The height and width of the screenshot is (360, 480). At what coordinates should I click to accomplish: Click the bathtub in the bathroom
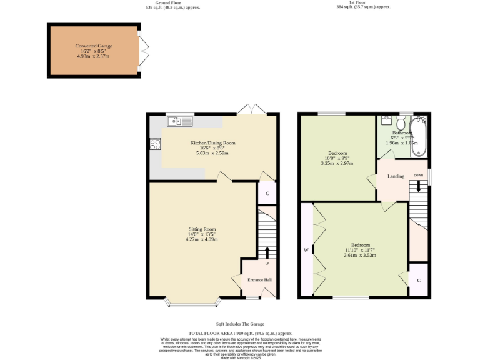click(421, 136)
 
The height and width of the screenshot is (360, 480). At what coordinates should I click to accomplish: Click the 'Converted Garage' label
click(94, 46)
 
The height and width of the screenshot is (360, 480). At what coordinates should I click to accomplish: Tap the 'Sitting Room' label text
click(202, 229)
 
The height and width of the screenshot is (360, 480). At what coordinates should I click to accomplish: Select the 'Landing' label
click(396, 176)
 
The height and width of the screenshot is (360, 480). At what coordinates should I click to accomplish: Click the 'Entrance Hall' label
click(259, 279)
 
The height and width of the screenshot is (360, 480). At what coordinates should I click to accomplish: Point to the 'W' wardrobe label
click(306, 250)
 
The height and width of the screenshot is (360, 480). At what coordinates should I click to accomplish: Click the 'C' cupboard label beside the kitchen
click(267, 193)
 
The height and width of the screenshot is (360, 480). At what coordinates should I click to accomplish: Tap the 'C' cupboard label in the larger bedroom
click(419, 280)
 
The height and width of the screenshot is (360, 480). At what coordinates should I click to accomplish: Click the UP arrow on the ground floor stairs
click(267, 252)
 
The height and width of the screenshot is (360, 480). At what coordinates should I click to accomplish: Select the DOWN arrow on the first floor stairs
click(419, 186)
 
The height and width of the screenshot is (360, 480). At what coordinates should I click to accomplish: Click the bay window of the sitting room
click(192, 304)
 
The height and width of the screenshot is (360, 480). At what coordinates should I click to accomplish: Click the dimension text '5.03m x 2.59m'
click(212, 152)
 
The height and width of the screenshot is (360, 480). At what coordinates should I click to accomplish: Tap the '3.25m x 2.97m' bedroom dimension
click(337, 163)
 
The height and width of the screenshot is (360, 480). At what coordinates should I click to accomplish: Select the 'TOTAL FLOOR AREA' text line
click(241, 334)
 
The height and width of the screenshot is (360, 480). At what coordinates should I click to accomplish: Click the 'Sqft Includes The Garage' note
click(240, 324)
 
